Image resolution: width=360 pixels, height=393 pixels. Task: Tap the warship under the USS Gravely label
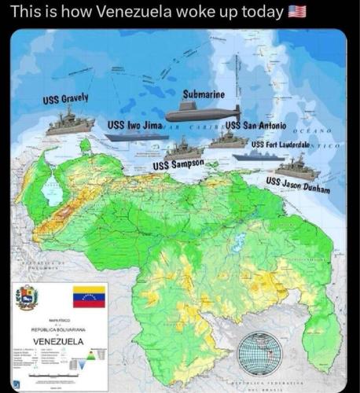coord(70,123)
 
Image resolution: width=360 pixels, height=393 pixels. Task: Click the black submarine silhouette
coord(204,112)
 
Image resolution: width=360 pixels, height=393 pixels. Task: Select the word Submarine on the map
coord(204,95)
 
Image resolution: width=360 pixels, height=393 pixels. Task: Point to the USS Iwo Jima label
coord(135,125)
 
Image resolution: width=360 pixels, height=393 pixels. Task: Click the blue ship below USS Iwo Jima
coord(136,137)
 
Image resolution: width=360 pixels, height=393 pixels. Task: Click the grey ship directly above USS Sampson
coord(183,148)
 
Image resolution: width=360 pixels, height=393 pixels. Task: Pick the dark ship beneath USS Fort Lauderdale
coord(259,156)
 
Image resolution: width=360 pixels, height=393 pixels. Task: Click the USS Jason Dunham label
coord(297,185)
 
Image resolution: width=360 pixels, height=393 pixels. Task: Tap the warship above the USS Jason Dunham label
coord(297,167)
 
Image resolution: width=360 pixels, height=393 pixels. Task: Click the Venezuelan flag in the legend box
coord(89,297)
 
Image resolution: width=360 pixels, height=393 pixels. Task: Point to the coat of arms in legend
coord(28,297)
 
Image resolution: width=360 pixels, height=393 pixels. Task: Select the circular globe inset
coord(259,353)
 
